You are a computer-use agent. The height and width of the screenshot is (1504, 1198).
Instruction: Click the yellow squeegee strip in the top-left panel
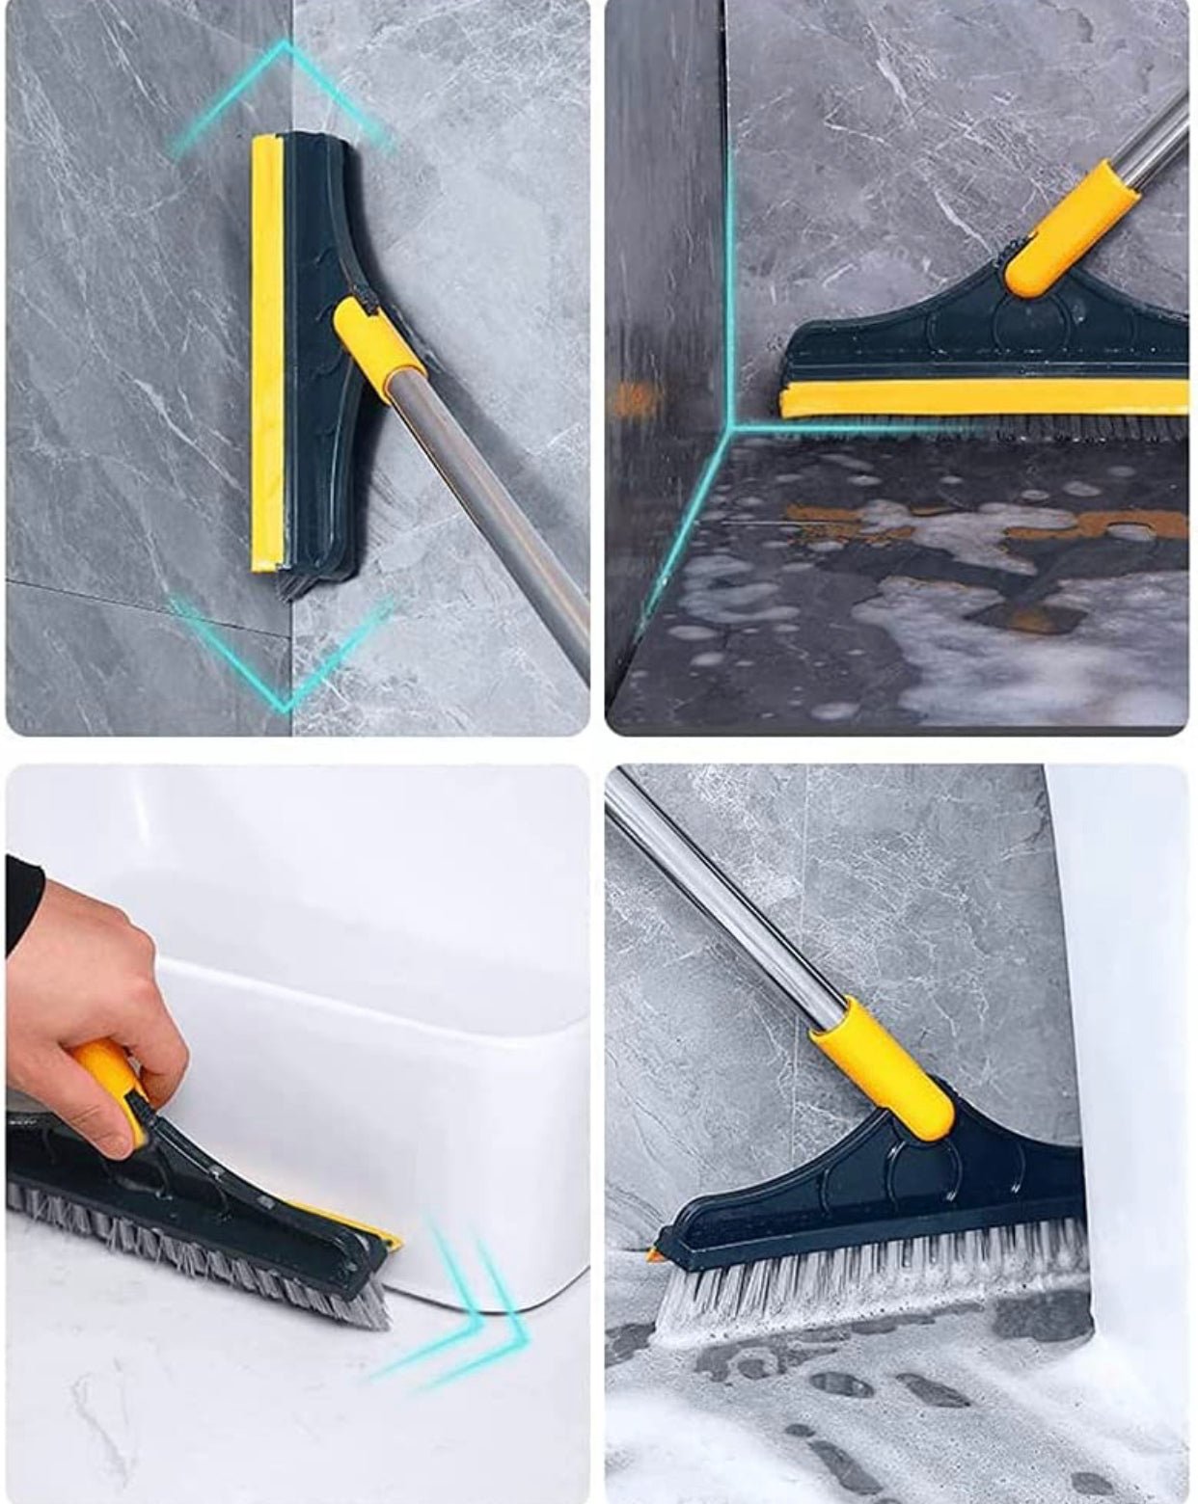tap(267, 357)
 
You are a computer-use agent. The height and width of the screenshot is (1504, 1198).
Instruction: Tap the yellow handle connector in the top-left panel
tap(378, 342)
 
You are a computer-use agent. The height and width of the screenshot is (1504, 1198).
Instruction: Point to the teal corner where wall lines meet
tap(730, 424)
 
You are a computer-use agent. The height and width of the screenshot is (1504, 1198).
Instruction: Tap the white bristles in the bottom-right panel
tap(868, 1273)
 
